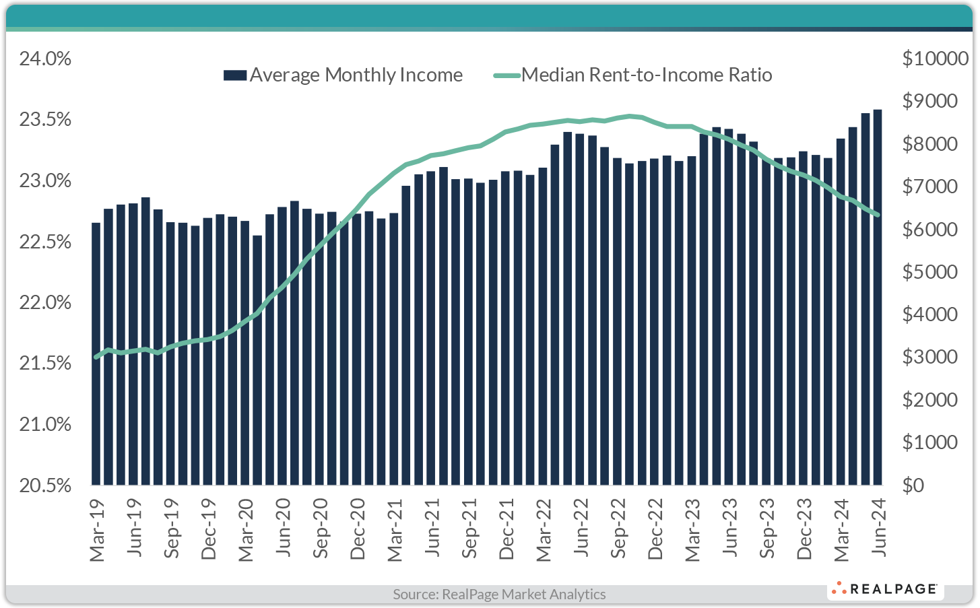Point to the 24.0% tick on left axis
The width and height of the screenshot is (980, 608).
pos(45,59)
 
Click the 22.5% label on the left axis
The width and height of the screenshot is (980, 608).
pos(45,242)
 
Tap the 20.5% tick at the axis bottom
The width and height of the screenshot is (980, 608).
pos(45,485)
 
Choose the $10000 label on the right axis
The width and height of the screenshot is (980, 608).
pos(935,59)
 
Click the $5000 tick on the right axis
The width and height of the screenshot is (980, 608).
pos(929,272)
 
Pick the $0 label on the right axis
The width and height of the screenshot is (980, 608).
pos(913,485)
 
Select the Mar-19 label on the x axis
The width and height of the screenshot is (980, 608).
pos(98,530)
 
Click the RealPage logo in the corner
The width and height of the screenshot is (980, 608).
pos(885,589)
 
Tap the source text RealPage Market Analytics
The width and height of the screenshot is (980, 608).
pos(499,594)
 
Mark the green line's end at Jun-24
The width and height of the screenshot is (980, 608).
pos(878,215)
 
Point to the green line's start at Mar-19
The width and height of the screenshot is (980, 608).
pos(96,357)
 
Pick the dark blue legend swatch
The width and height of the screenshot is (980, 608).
pos(235,75)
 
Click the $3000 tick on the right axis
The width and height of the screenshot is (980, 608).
pos(929,357)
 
